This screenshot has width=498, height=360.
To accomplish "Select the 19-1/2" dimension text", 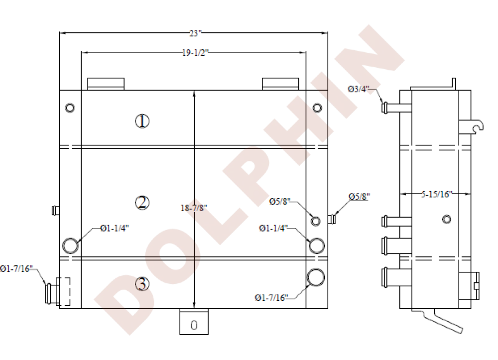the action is [195, 53].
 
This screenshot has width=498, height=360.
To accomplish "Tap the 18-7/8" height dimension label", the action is [194, 208].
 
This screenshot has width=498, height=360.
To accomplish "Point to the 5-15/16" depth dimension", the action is [436, 194].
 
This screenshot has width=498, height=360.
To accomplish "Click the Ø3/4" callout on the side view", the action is [358, 89].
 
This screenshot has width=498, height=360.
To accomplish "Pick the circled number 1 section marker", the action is [142, 121].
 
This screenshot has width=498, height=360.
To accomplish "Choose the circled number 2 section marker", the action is [142, 203].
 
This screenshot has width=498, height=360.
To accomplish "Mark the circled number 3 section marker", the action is [142, 284].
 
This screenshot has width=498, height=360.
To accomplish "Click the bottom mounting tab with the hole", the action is [194, 322].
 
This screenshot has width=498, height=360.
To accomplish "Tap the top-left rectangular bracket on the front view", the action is [106, 84].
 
